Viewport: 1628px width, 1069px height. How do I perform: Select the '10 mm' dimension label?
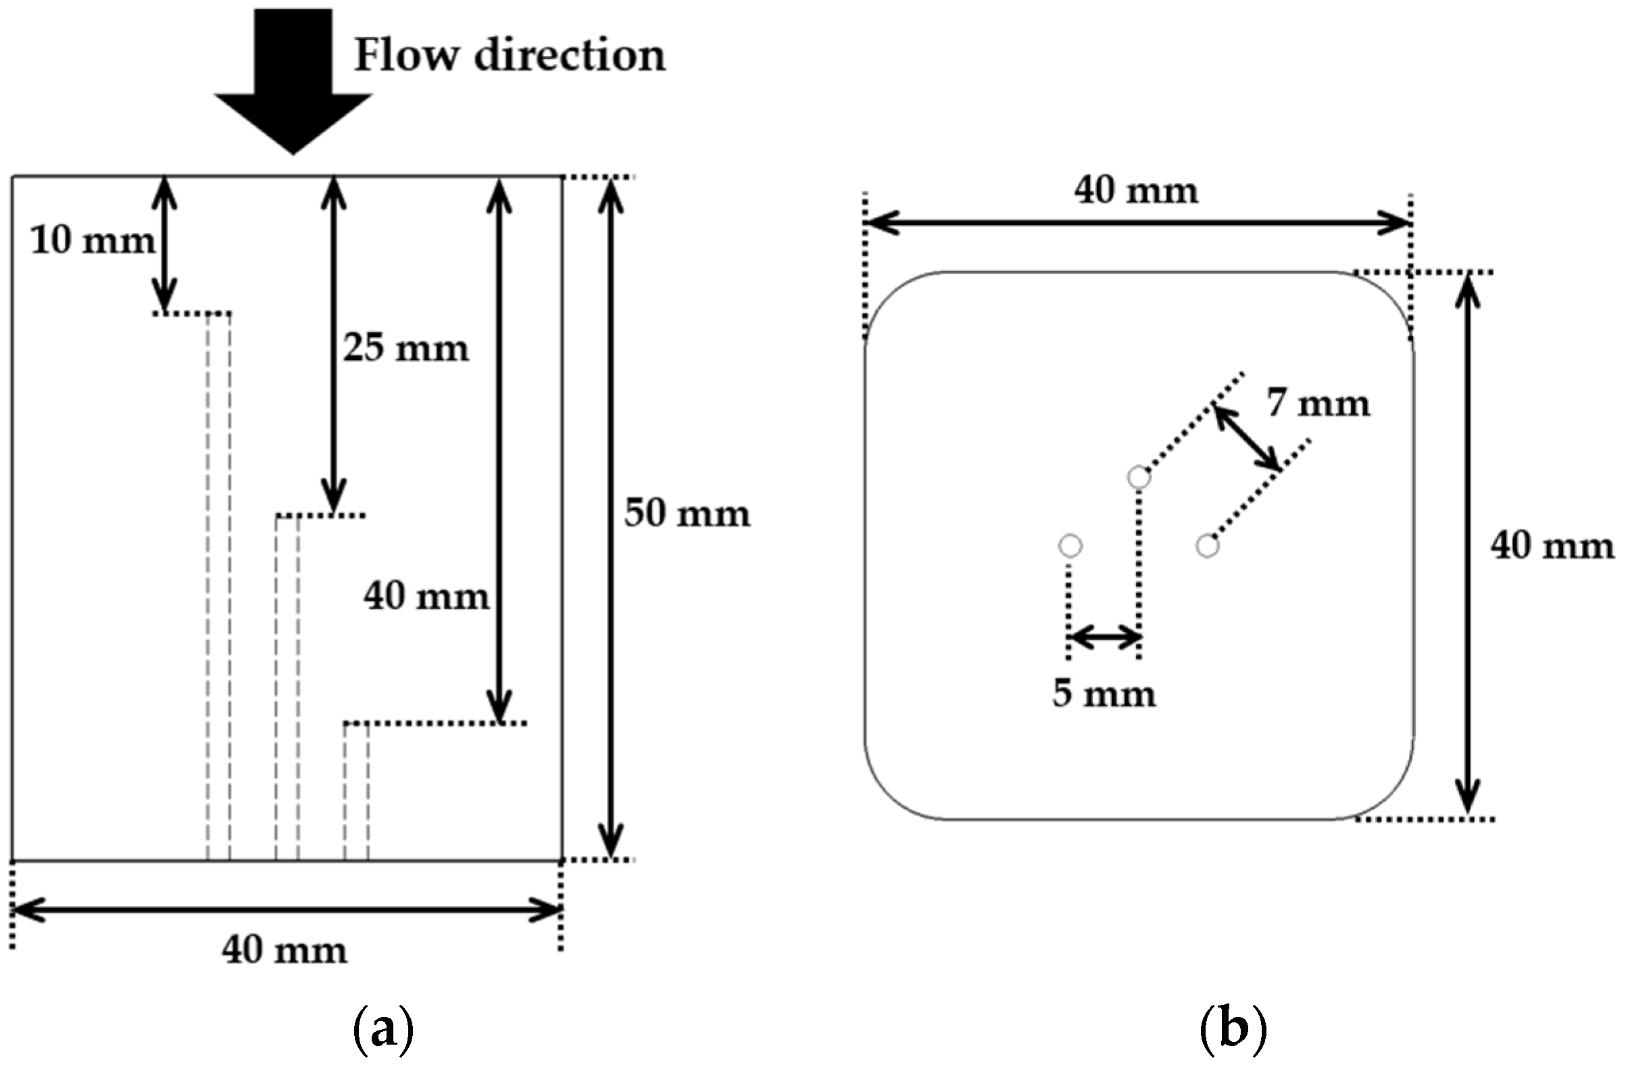pos(93,241)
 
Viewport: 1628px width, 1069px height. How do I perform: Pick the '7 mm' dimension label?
pos(1318,403)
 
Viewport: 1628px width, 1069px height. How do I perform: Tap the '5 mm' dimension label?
pos(1104,693)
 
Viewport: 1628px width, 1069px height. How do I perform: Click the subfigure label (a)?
pos(383,1031)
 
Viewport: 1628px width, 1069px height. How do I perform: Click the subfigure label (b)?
pos(1233,1031)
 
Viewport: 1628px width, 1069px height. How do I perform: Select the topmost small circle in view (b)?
pos(1139,477)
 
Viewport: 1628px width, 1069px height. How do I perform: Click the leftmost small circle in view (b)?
pos(1070,546)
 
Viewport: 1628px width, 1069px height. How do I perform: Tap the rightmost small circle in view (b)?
pos(1208,546)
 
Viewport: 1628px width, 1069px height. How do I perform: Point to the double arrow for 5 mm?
pos(1104,637)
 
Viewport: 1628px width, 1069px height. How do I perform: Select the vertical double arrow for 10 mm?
pos(164,244)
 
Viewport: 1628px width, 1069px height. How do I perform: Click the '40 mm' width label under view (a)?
pos(284,951)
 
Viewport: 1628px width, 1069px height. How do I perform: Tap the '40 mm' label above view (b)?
pos(1135,190)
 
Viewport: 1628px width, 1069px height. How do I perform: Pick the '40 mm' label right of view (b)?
pos(1552,546)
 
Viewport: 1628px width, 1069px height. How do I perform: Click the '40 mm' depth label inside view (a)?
pos(426,596)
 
